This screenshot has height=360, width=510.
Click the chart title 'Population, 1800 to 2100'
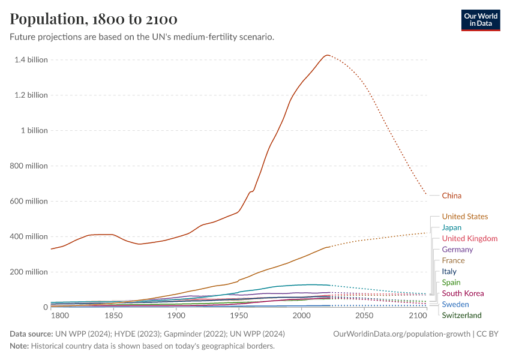pyautogui.click(x=94, y=19)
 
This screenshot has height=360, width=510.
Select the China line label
pyautogui.click(x=452, y=196)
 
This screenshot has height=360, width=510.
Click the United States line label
pyautogui.click(x=465, y=217)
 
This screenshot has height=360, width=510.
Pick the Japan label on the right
pyautogui.click(x=452, y=227)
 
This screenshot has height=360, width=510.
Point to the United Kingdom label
pyautogui.click(x=470, y=239)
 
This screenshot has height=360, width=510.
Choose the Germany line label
pyautogui.click(x=457, y=250)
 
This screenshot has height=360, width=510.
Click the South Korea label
pyautogui.click(x=463, y=293)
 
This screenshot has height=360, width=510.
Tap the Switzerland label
pyautogui.click(x=461, y=316)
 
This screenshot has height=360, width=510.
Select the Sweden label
pyautogui.click(x=455, y=305)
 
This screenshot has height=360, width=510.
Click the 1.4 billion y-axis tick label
pyautogui.click(x=29, y=60)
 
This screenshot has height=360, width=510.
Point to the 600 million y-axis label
pyautogui.click(x=28, y=202)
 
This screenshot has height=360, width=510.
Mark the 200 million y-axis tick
pyautogui.click(x=28, y=272)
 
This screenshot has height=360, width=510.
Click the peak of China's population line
pyautogui.click(x=326, y=55)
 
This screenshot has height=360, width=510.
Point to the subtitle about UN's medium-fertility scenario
pyautogui.click(x=142, y=37)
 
